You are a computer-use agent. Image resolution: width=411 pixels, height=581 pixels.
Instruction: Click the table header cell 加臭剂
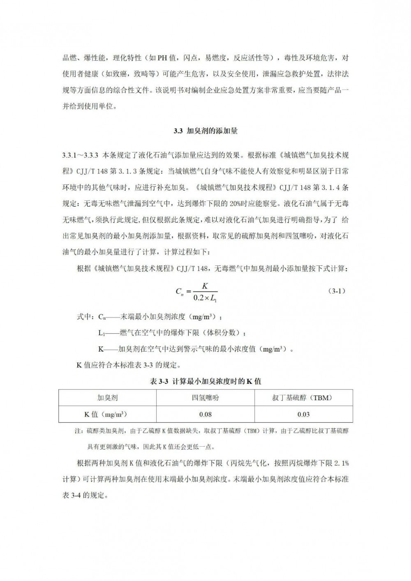pos(107,398)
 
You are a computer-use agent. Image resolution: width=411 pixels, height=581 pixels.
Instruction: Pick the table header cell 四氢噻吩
pos(205,398)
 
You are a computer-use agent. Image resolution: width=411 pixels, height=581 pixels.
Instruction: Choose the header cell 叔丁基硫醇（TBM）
pos(303,398)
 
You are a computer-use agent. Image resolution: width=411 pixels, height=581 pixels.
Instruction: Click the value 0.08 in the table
pos(205,414)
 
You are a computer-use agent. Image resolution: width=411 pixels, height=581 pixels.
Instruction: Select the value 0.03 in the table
pos(303,414)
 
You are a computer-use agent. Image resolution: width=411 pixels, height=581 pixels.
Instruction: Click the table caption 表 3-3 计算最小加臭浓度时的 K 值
pos(205,381)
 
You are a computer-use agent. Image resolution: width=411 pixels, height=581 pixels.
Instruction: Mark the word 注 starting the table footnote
pos(77,431)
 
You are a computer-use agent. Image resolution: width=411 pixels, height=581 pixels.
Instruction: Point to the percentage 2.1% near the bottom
pos(341,463)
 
